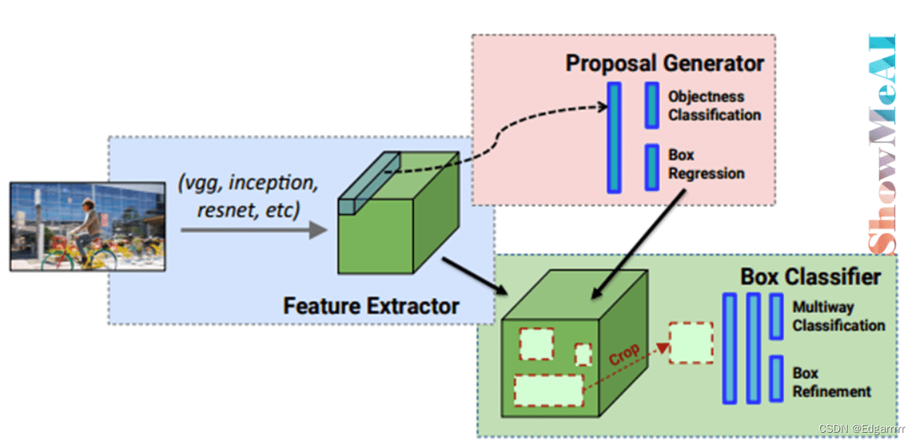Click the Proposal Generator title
click(665, 62)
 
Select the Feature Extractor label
click(371, 305)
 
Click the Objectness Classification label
click(714, 106)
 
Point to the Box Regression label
click(705, 164)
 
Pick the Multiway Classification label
click(839, 316)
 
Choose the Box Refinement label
click(831, 382)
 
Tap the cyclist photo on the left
click(87, 226)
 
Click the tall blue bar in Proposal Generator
click(614, 137)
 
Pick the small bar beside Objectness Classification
click(652, 105)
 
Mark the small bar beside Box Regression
click(652, 167)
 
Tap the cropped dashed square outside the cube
click(690, 343)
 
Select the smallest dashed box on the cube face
click(584, 354)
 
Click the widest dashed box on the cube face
click(548, 390)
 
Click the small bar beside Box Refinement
click(776, 379)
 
